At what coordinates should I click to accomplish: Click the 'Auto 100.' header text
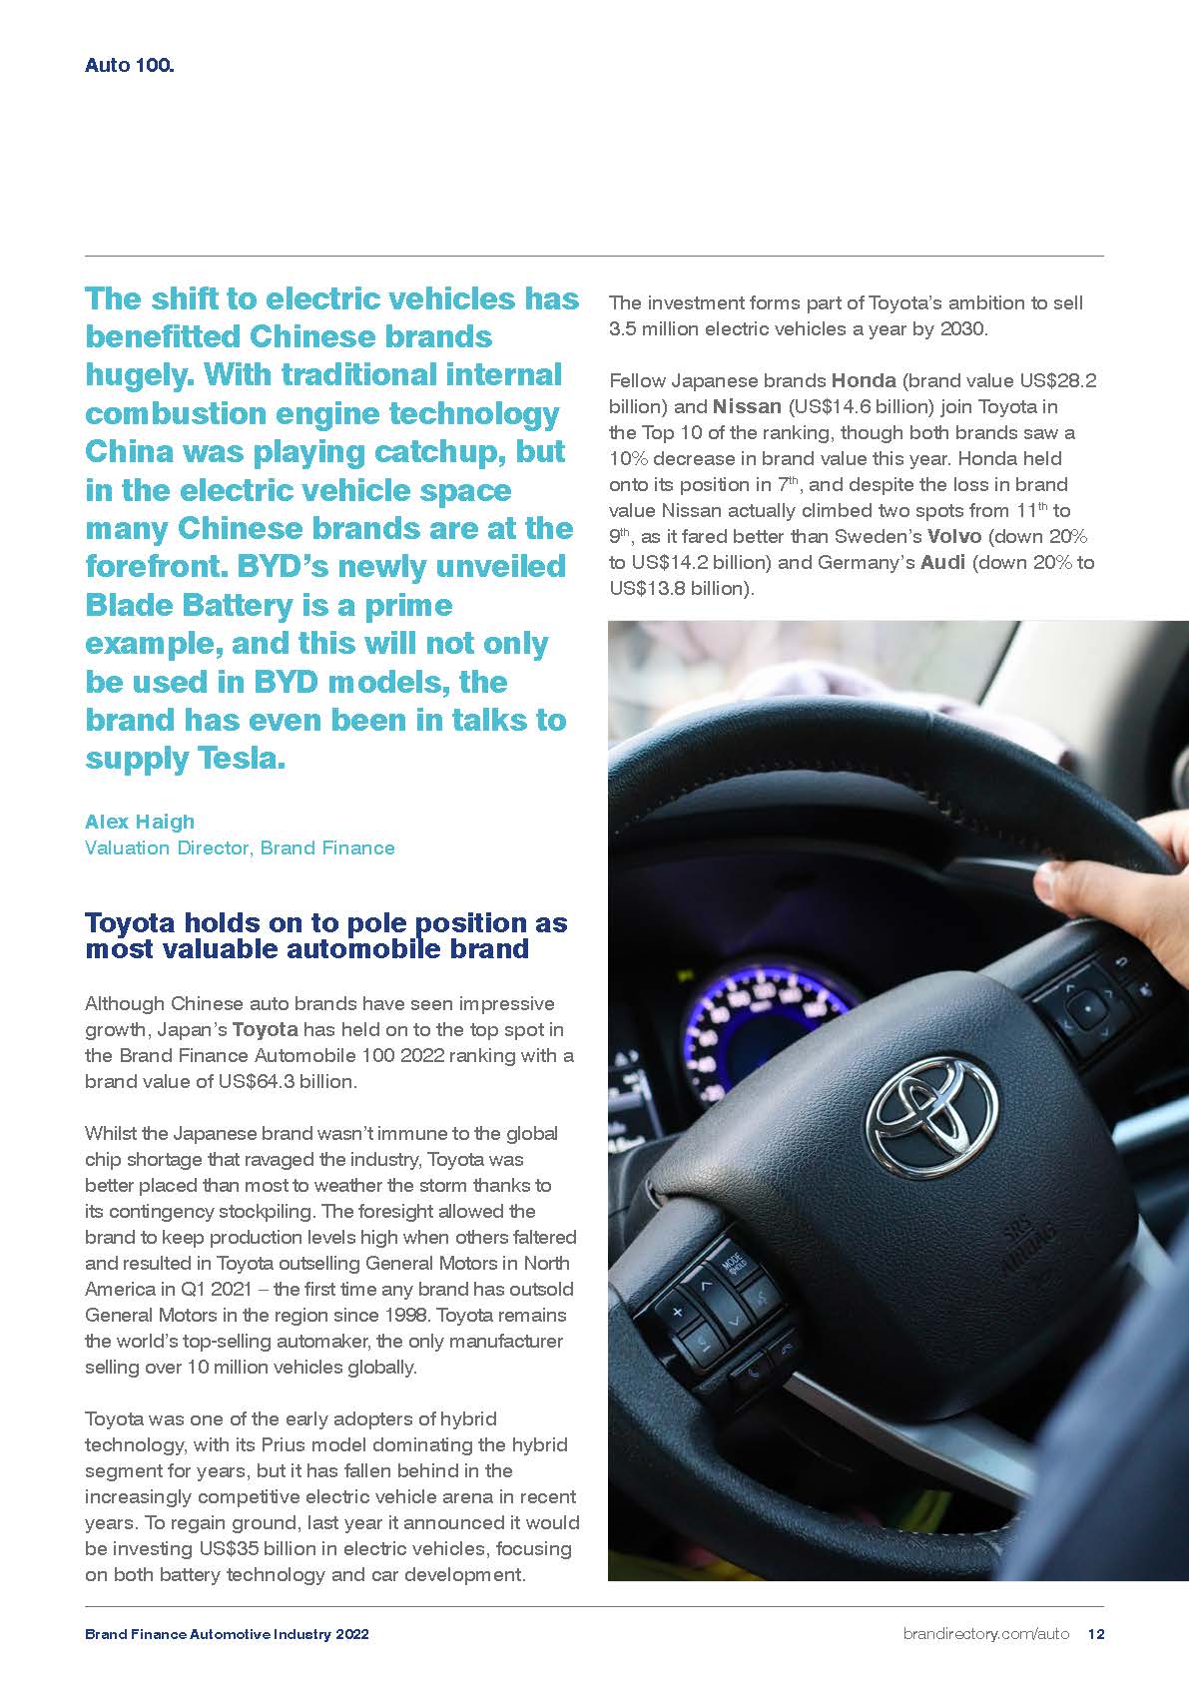(x=130, y=67)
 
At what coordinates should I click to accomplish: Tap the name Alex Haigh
(x=140, y=822)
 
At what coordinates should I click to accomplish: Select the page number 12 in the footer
(x=1095, y=1634)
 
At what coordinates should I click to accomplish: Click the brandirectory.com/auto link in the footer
(x=985, y=1634)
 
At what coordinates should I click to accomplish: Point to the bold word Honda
(x=864, y=380)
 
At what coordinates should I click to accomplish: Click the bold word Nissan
(x=747, y=406)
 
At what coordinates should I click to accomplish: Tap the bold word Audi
(x=942, y=562)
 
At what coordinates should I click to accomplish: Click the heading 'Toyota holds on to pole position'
(x=325, y=922)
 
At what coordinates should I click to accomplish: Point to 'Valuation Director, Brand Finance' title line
(x=240, y=847)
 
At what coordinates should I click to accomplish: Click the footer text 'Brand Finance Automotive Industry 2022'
(x=227, y=1634)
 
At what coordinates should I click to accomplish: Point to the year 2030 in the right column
(x=962, y=328)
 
